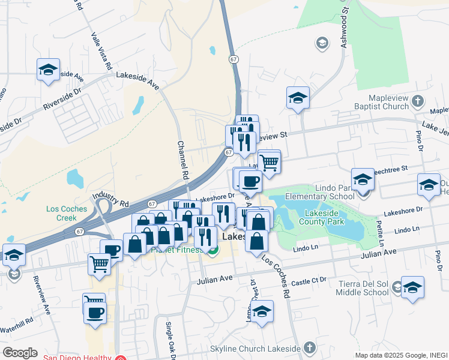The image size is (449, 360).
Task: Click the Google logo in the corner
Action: coord(20,353)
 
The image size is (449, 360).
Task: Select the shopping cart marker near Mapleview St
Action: coord(270,161)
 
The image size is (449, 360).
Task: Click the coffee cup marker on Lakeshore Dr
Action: coord(250,180)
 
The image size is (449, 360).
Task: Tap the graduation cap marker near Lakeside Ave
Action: coord(48,69)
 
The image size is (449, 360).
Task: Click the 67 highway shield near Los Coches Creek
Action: coord(80,231)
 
